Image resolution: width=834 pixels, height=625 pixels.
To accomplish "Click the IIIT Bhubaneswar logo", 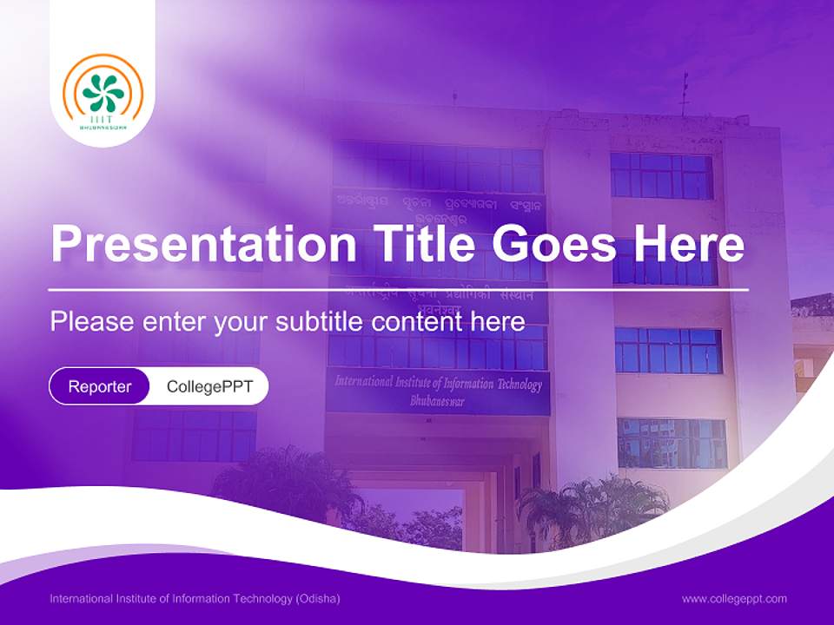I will [101, 93].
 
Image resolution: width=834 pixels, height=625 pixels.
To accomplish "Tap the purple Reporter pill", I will [99, 386].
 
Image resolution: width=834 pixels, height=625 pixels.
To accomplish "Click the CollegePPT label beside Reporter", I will [209, 386].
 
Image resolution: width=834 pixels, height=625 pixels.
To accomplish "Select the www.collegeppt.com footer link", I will [734, 598].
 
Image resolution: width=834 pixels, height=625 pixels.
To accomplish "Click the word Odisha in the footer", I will [318, 599].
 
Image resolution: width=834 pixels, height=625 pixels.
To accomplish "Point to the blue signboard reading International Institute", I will [438, 391].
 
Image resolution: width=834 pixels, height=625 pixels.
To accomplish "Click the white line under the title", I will [399, 289].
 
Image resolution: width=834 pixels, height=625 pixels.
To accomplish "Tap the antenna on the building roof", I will [684, 94].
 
